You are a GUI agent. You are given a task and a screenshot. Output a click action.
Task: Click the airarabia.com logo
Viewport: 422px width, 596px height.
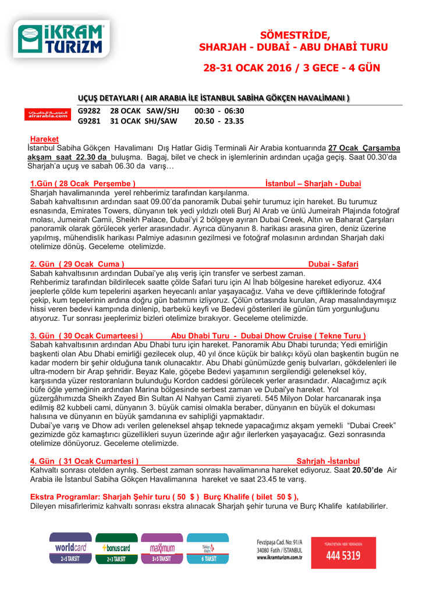(x=50, y=115)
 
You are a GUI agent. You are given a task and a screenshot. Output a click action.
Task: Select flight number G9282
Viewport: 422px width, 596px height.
(x=89, y=111)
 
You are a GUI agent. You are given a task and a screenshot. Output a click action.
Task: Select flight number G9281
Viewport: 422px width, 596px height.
(x=89, y=121)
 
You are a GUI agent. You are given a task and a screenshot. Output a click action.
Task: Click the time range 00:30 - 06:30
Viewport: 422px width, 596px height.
(x=219, y=111)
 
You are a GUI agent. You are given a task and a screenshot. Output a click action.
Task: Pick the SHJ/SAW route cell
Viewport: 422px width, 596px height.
(x=161, y=121)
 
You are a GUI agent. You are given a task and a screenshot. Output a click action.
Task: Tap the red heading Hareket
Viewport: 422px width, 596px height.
(x=44, y=139)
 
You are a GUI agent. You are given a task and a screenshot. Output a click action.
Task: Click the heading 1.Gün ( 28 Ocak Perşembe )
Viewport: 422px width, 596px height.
(x=83, y=183)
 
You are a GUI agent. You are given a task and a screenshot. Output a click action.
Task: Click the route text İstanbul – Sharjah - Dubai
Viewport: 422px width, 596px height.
(x=313, y=183)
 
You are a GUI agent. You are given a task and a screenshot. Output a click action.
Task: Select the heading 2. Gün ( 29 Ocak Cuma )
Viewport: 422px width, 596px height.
(x=77, y=264)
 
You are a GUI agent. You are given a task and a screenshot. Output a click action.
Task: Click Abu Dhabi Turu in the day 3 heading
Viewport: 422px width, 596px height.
(x=197, y=336)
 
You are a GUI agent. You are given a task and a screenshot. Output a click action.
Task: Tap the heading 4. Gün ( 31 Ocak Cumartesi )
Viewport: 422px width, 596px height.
(x=84, y=461)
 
